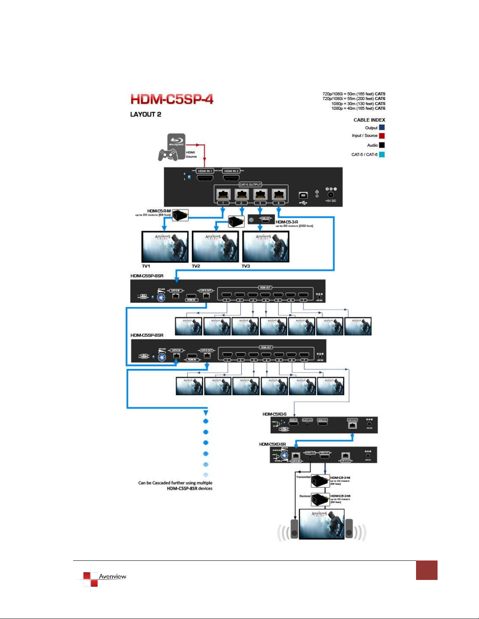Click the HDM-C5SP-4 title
[x=172, y=100]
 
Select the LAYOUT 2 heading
[x=145, y=114]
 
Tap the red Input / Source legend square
[x=382, y=136]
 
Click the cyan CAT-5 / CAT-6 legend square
[x=382, y=155]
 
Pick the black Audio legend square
[x=382, y=145]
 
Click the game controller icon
[x=168, y=155]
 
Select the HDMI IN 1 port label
[x=205, y=171]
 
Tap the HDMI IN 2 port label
[x=231, y=171]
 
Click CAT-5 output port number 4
[x=279, y=194]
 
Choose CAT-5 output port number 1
[x=223, y=194]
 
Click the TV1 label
[x=146, y=266]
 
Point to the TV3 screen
[x=266, y=246]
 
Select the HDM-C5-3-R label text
[x=287, y=222]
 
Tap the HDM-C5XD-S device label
[x=274, y=414]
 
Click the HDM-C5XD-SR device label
[x=272, y=444]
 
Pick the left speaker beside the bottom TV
[x=294, y=529]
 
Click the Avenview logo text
[x=113, y=576]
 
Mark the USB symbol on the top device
[x=303, y=203]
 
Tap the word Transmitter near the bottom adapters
[x=303, y=477]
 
